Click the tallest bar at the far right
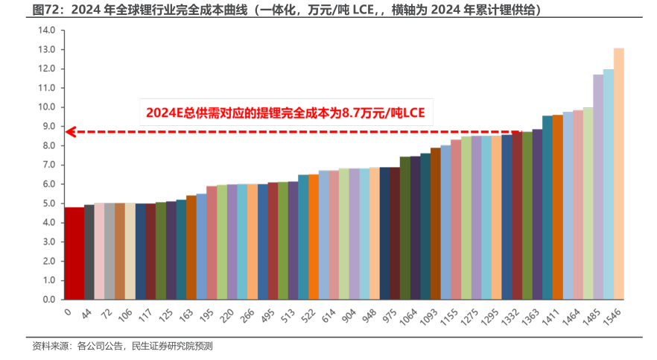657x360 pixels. [x=618, y=174]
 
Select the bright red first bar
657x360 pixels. [x=74, y=253]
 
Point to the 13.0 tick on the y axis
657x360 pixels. [x=47, y=49]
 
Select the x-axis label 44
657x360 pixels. [x=86, y=314]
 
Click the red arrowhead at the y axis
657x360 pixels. [x=69, y=131]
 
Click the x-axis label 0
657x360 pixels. [x=68, y=312]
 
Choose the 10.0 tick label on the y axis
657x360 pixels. [x=47, y=107]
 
